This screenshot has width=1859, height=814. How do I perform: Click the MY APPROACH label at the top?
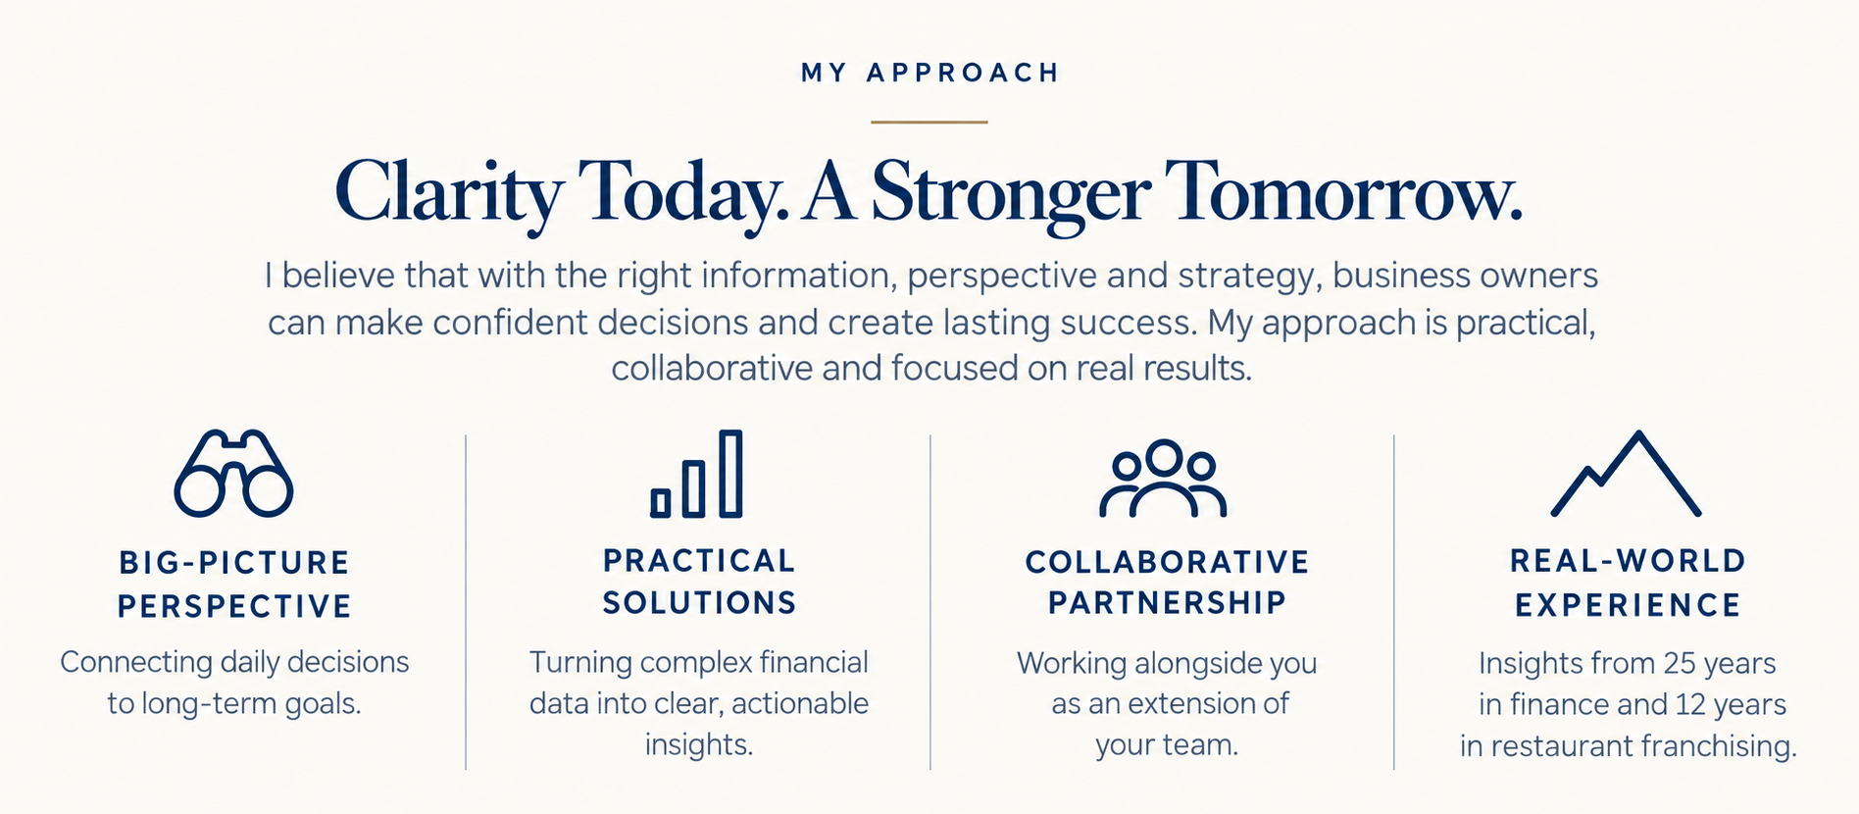(x=929, y=73)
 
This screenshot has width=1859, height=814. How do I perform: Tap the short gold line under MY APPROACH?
(x=929, y=122)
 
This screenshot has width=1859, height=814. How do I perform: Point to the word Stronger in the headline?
(x=1010, y=194)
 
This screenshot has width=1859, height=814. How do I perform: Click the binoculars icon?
(x=233, y=473)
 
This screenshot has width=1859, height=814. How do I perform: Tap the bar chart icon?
(x=697, y=474)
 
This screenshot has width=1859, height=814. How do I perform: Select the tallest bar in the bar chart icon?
(x=730, y=474)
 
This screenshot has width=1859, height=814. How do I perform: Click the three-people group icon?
(x=1163, y=478)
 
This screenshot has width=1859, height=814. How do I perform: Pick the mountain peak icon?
(x=1627, y=473)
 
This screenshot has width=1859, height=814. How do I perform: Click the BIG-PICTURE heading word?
(x=233, y=563)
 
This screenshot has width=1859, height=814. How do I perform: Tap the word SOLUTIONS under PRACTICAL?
(x=699, y=602)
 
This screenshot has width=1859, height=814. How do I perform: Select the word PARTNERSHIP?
(x=1167, y=602)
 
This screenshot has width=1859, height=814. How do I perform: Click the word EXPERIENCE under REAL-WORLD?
(x=1628, y=605)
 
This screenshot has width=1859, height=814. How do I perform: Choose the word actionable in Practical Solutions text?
(x=800, y=703)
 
